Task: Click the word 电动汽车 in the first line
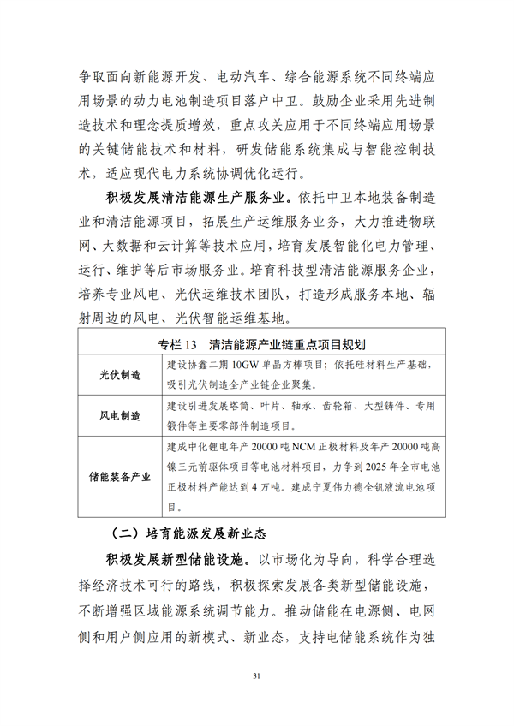(235, 75)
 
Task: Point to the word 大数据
(127, 246)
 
